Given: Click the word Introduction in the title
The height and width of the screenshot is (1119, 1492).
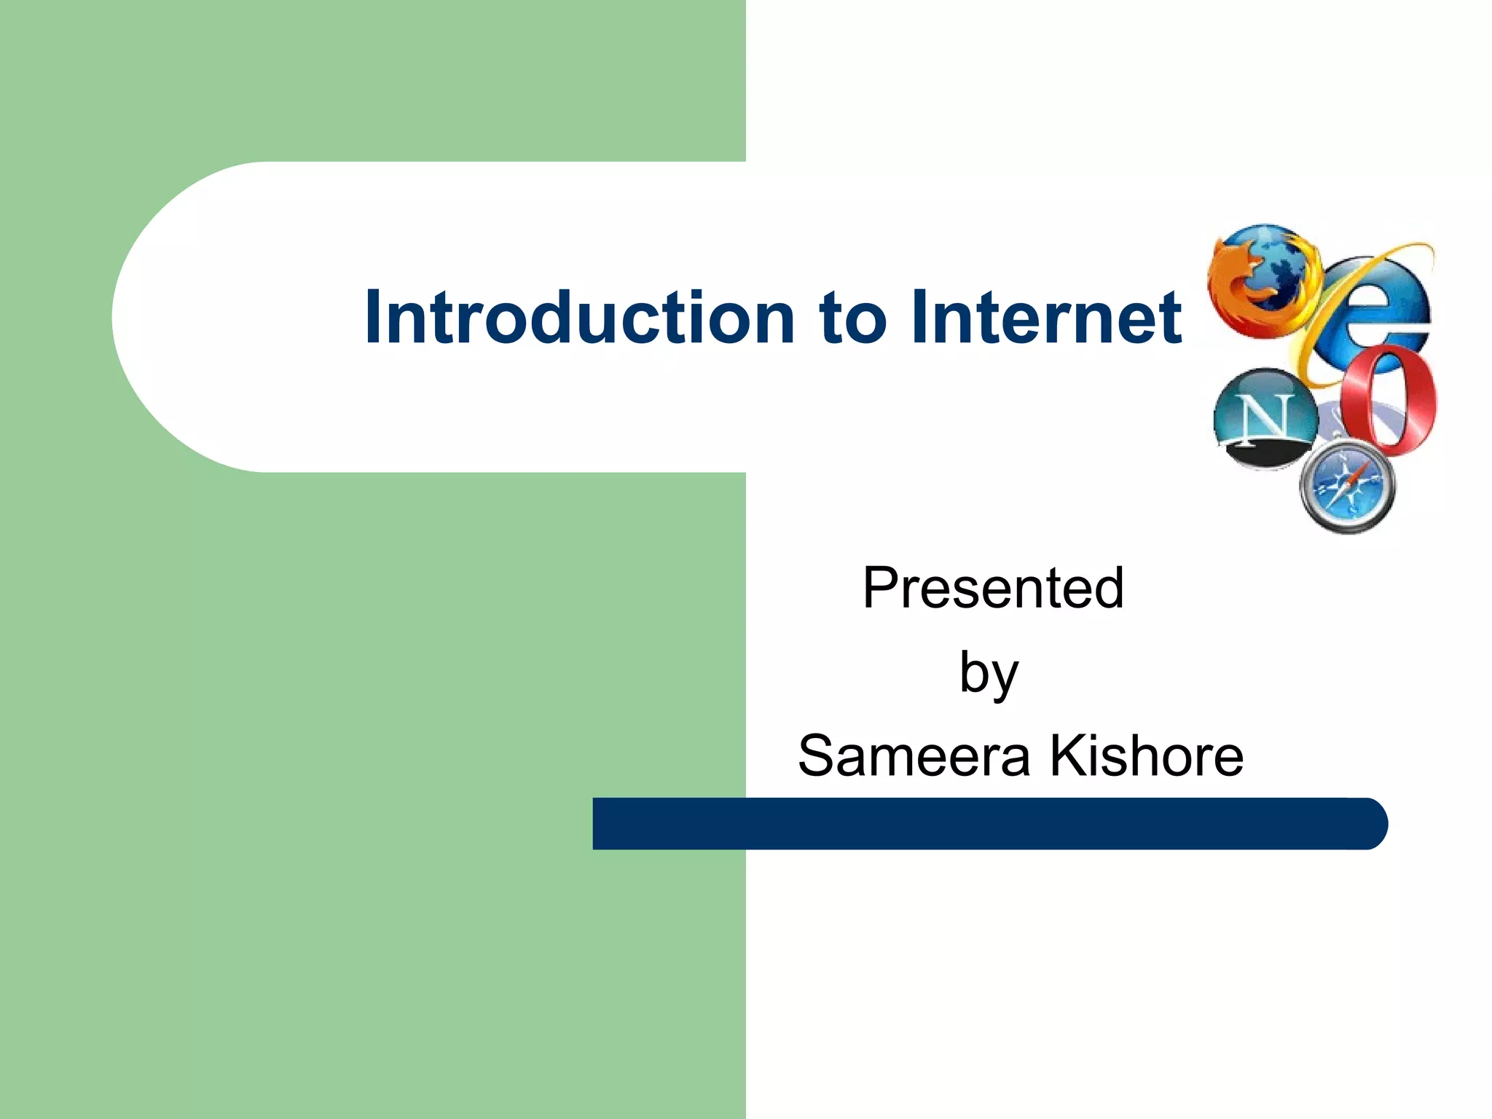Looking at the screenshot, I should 579,317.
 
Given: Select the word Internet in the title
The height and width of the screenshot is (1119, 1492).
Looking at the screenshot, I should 1045,317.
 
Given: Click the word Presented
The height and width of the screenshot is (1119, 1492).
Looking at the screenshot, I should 993,588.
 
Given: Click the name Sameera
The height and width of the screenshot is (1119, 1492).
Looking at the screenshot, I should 914,756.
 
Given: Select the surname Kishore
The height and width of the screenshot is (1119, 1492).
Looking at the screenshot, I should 1146,756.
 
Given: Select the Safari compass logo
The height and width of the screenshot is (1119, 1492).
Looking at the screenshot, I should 1347,486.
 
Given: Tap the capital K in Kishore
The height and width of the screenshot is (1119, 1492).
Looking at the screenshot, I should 1064,756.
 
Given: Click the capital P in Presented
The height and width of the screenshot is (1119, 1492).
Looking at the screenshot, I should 877,588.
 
